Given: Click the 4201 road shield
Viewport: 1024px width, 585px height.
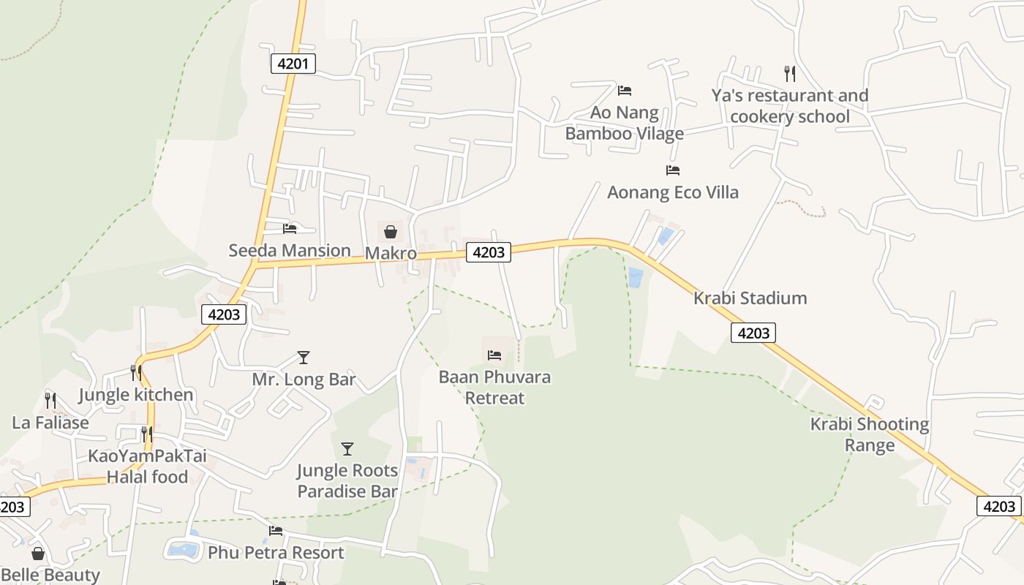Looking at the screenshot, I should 293,64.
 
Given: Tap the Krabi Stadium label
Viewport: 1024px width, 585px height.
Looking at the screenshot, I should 750,298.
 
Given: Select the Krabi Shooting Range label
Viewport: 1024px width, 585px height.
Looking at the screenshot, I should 869,434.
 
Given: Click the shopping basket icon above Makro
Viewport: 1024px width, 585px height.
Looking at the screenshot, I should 391,232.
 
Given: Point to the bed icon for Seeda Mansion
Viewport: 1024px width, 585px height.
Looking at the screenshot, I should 290,229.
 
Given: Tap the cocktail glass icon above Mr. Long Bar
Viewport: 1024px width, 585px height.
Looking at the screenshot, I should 304,358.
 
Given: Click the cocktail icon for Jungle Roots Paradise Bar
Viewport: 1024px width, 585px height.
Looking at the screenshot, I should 347,448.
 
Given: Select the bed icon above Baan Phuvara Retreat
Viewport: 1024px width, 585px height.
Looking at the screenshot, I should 494,355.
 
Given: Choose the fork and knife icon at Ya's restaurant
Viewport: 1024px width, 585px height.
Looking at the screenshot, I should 789,73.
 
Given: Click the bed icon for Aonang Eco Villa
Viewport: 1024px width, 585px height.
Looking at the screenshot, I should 673,170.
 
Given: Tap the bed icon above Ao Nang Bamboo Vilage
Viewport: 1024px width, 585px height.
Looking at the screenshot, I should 624,91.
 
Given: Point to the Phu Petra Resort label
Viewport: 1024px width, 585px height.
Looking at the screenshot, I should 276,552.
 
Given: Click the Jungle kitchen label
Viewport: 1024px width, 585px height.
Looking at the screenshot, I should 136,395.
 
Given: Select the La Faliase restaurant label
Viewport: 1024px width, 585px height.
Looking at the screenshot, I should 50,423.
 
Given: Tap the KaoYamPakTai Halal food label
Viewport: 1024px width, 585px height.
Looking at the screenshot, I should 147,467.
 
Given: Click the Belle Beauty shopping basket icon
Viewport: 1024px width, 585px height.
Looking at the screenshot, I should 38,554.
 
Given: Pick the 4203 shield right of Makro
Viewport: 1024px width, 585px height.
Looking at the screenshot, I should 489,252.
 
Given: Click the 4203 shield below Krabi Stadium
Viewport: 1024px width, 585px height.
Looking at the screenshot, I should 753,333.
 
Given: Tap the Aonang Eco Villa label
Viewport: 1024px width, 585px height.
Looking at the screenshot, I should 673,192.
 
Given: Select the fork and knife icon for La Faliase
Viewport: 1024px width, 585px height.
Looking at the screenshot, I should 50,400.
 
